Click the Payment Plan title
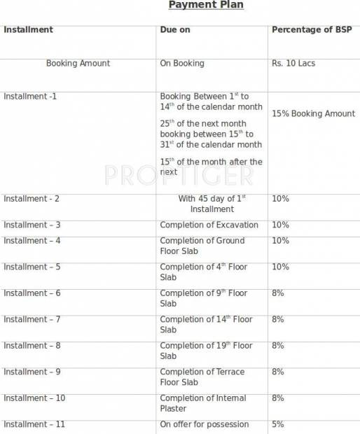[x=206, y=6]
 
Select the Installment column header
[x=28, y=30]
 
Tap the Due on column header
[x=175, y=30]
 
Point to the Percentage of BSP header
[x=312, y=30]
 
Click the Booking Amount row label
[x=78, y=63]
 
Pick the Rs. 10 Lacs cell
[x=293, y=63]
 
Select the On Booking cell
[x=182, y=63]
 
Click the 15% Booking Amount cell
[x=313, y=113]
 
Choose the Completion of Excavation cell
[x=209, y=225]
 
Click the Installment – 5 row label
[x=32, y=267]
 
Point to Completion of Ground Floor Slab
[x=202, y=246]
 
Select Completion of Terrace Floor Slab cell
[x=203, y=377]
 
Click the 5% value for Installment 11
[x=278, y=424]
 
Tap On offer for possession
[x=204, y=424]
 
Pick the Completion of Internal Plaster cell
[x=203, y=403]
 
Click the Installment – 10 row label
[x=34, y=398]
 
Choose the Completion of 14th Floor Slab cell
[x=206, y=324]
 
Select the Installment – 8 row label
[x=32, y=345]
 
